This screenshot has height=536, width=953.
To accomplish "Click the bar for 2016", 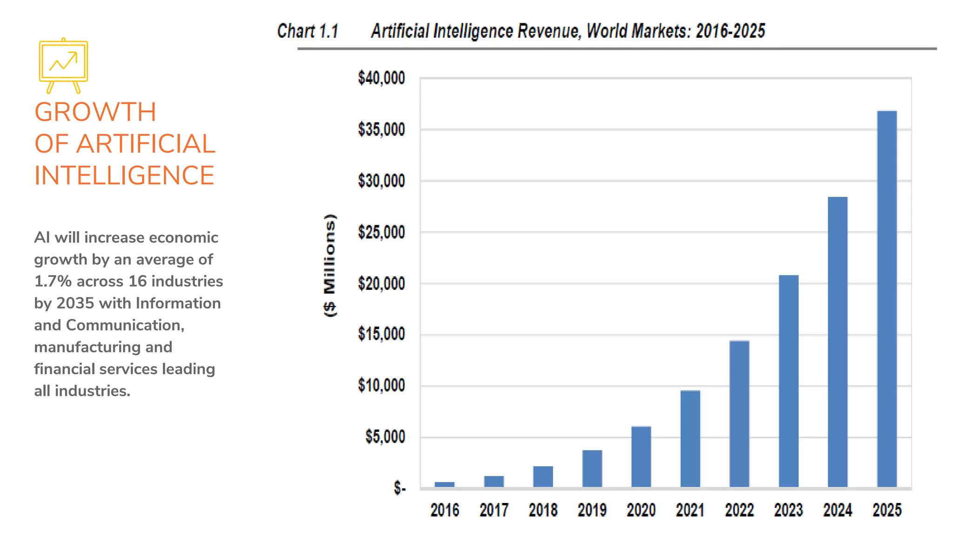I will pos(444,484).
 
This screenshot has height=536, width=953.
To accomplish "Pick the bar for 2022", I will pos(739,414).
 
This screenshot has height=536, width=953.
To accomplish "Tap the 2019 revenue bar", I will pos(592,468).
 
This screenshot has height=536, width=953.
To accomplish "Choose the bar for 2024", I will pos(837,342).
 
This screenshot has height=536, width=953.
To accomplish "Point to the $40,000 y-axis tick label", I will pos(381,78).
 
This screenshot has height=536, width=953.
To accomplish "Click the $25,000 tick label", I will pos(381,232).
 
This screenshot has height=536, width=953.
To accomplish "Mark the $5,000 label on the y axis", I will pos(385,436).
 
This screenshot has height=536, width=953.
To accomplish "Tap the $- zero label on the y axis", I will pos(399,488).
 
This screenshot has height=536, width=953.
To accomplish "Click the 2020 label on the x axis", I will pos(641,510).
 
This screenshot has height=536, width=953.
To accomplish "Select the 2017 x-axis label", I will pos(494,510).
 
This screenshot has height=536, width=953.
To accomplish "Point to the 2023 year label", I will pos(788,510).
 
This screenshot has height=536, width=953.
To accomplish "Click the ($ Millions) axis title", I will pos(329,265).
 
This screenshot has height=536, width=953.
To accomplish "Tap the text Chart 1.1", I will pos(308,31).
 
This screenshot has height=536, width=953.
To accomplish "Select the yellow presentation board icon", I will pos(63,65).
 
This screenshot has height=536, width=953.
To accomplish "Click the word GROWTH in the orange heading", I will pos(95,112).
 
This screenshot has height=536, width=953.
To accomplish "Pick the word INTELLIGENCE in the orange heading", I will pos(124,175).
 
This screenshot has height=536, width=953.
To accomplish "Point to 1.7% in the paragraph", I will pos(53,281).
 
